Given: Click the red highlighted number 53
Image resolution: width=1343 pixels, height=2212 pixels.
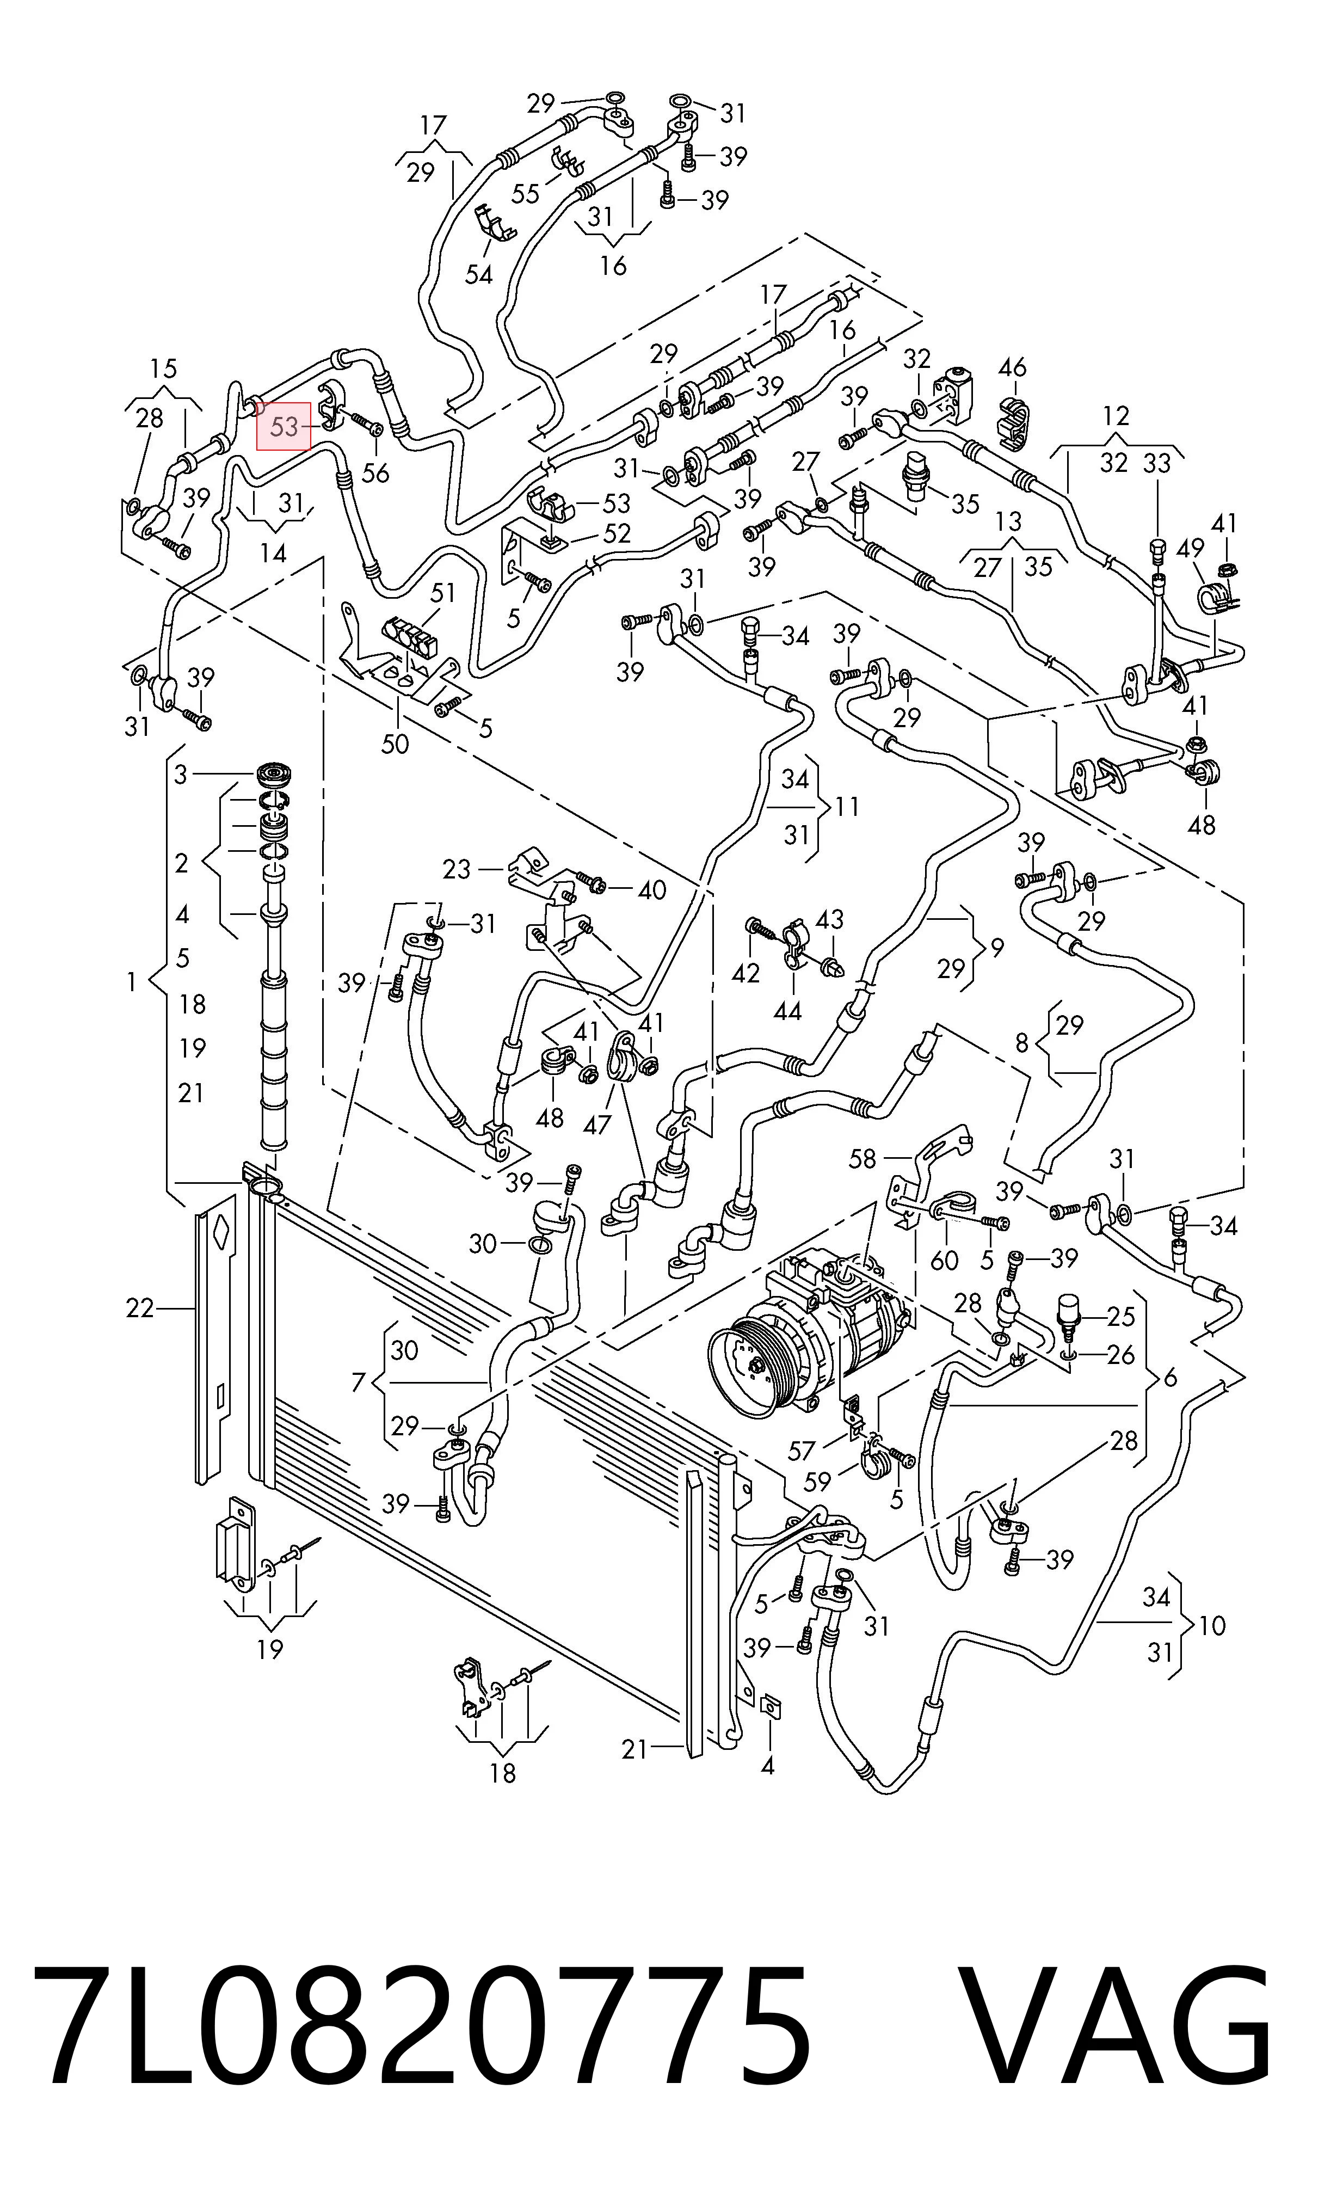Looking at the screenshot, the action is click(x=284, y=426).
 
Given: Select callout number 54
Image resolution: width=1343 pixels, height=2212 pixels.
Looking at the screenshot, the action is click(x=478, y=274).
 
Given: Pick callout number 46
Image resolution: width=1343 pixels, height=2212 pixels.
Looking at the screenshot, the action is click(x=1012, y=367).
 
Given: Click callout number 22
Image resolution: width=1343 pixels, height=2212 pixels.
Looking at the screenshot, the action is click(x=140, y=1309).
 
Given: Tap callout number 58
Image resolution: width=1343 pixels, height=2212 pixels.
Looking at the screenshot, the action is click(x=862, y=1158).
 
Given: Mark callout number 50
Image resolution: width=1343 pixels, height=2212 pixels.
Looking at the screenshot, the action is click(x=395, y=744).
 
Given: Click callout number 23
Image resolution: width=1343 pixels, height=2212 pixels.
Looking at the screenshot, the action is click(x=456, y=869).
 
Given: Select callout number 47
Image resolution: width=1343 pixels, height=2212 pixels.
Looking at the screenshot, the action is click(x=597, y=1124).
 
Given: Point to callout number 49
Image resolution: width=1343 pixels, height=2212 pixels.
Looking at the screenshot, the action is click(x=1191, y=548).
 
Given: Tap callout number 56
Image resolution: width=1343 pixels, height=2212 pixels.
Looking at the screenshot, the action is click(x=375, y=473).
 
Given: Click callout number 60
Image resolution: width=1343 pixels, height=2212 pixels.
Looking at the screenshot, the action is click(x=945, y=1261).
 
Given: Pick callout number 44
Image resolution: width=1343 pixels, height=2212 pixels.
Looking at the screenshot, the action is click(x=787, y=1012).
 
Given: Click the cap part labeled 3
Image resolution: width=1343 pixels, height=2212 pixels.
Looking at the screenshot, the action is click(x=275, y=775).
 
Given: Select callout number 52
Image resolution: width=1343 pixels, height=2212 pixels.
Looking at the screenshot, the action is click(x=617, y=533).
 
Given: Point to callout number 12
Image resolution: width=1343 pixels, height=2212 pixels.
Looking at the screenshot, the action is click(x=1116, y=416).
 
